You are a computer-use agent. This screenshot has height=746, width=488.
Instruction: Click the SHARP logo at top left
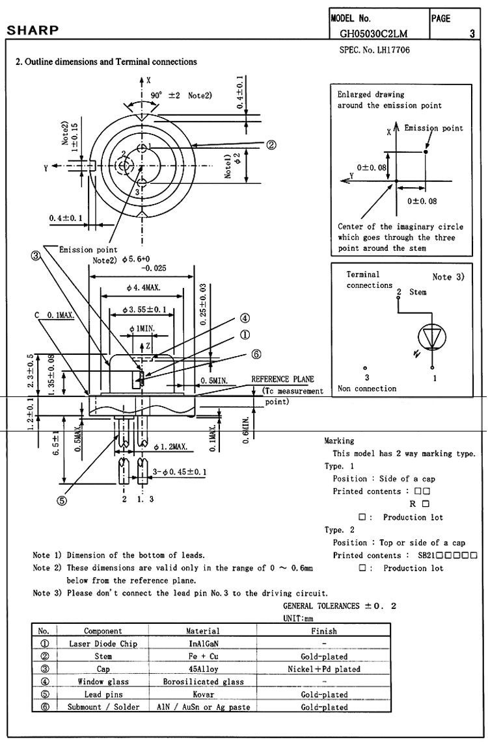click(33, 31)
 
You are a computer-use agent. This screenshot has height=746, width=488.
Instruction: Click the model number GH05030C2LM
click(373, 34)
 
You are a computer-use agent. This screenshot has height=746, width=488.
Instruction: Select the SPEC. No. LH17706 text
click(374, 49)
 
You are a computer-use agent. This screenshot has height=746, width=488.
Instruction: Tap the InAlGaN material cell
click(202, 644)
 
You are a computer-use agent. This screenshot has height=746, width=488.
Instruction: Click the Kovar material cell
click(202, 695)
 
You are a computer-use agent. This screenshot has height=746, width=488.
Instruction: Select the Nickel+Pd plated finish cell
click(324, 669)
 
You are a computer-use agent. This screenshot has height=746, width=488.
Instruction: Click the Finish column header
click(324, 631)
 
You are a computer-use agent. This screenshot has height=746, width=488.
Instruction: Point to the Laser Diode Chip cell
click(103, 644)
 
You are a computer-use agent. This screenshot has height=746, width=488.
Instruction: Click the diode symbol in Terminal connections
click(432, 337)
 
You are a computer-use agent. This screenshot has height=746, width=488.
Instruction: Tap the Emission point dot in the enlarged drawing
click(426, 152)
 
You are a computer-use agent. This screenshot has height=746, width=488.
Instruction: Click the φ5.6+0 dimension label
click(136, 259)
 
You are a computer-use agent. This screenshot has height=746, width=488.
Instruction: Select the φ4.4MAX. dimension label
click(143, 288)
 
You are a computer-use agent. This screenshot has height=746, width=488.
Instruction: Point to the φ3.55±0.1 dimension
click(144, 310)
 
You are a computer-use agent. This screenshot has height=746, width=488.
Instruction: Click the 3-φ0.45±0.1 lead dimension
click(179, 472)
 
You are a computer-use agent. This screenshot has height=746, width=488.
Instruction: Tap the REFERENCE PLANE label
click(282, 379)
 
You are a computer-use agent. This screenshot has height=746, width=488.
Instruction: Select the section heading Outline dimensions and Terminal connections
click(106, 62)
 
